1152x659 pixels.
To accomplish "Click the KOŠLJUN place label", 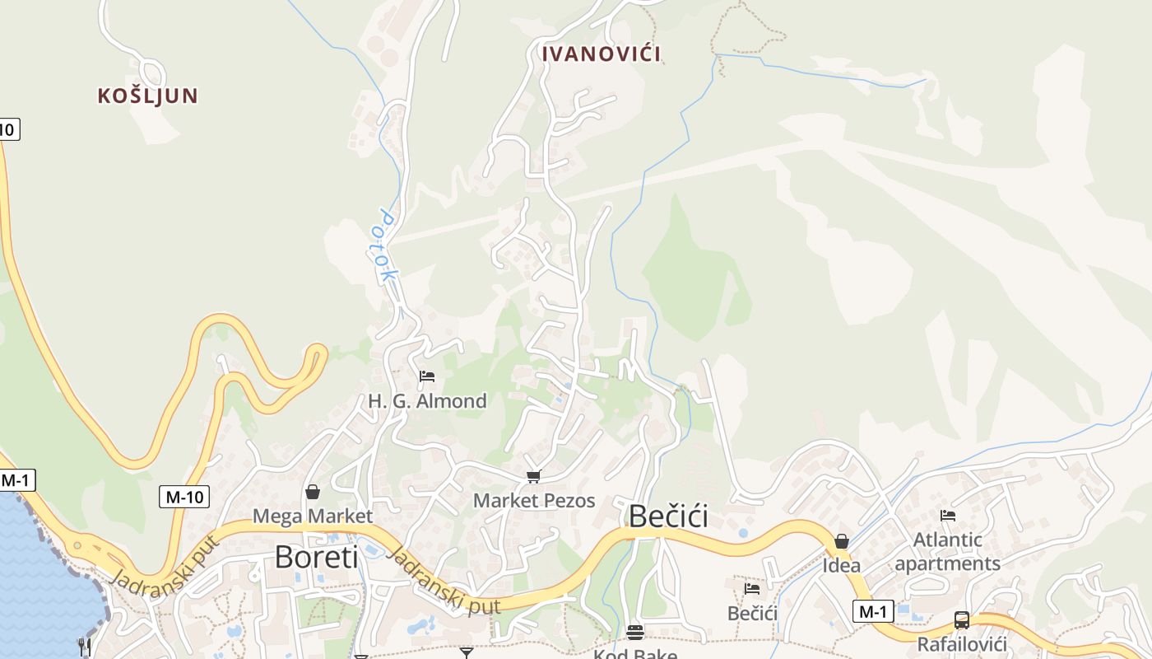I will click(148, 96).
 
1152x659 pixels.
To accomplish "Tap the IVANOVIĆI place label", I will click(602, 54).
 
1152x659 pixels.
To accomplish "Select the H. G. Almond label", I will click(427, 401).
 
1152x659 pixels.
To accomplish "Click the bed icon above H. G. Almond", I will click(427, 377).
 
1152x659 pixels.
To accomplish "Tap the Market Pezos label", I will click(534, 500).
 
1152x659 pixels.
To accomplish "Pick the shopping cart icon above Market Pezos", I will click(534, 476).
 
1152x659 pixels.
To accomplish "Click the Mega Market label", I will click(313, 516).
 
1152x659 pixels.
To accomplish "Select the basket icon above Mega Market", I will click(313, 493).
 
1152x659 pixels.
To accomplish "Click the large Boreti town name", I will click(317, 557).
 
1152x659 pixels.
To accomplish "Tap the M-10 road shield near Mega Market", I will click(184, 497).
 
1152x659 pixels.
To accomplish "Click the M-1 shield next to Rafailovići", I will click(873, 611).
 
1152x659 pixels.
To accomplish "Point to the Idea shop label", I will click(842, 566).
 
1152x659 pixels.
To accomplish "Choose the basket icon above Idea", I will click(842, 541).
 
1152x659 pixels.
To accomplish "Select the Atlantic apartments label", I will click(948, 552).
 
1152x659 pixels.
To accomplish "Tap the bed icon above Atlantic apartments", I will click(948, 516).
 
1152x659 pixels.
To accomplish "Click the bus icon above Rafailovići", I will click(961, 620).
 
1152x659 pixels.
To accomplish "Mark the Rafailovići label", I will click(962, 643).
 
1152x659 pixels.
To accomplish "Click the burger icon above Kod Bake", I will click(635, 633).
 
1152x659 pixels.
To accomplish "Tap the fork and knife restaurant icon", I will click(84, 646).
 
